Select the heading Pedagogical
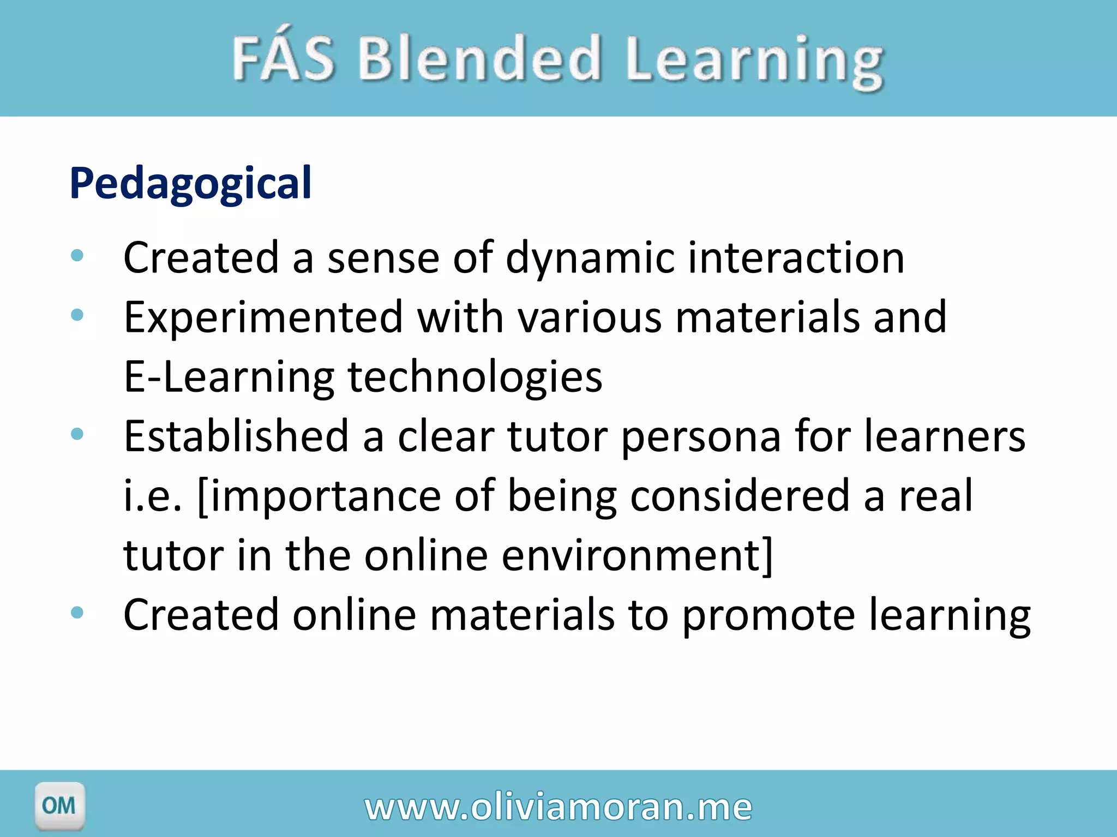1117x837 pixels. [190, 184]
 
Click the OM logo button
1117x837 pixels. [59, 805]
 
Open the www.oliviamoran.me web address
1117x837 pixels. [558, 807]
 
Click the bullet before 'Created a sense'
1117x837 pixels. [77, 255]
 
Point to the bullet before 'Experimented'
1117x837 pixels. [77, 314]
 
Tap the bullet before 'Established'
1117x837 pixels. [77, 434]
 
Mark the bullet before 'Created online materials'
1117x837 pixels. [77, 612]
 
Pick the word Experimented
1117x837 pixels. [263, 318]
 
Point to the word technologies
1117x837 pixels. [475, 377]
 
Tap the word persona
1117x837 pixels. [701, 437]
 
